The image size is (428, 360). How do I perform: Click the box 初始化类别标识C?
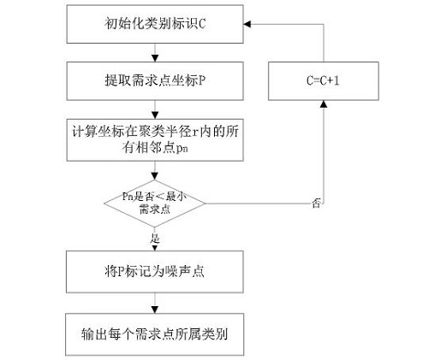[x=155, y=24]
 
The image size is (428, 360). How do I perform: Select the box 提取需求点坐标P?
[x=155, y=81]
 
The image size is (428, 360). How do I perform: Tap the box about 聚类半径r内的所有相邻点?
[x=155, y=140]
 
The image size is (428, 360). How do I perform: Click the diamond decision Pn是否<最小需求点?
[x=155, y=204]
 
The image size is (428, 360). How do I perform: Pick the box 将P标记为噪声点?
[x=155, y=272]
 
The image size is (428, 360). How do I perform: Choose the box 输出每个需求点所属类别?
[x=155, y=334]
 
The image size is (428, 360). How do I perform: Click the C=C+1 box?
[x=324, y=81]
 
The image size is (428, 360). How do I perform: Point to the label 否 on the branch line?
[x=316, y=204]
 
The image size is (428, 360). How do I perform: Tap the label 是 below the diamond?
[x=155, y=239]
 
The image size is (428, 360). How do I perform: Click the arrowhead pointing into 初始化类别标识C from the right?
[x=247, y=24]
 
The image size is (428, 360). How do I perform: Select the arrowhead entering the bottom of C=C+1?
[x=324, y=104]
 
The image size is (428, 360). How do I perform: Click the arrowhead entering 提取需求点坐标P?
[x=155, y=58]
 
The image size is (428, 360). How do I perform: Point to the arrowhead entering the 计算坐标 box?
[x=155, y=115]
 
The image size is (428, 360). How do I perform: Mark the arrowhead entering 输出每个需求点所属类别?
[x=155, y=310]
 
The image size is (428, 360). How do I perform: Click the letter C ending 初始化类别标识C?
[x=201, y=24]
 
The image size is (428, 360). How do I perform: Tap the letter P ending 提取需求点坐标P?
[x=201, y=81]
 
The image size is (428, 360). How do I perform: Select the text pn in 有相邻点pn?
[x=182, y=149]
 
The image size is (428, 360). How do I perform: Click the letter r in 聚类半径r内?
[x=194, y=133]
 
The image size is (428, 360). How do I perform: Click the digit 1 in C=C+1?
[x=336, y=81]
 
